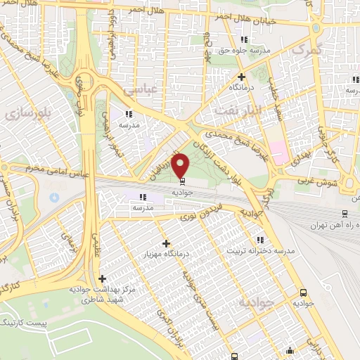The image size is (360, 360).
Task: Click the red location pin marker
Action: [x=181, y=165]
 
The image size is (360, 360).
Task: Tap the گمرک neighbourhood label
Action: [x=307, y=50]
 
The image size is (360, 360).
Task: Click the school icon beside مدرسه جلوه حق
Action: [x=244, y=39]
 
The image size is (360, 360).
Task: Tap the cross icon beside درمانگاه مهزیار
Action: [x=166, y=244]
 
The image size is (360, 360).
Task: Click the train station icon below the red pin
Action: [x=181, y=180]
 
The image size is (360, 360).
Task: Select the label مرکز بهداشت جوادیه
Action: [x=103, y=290]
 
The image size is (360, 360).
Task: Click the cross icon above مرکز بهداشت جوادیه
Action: [x=103, y=278]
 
